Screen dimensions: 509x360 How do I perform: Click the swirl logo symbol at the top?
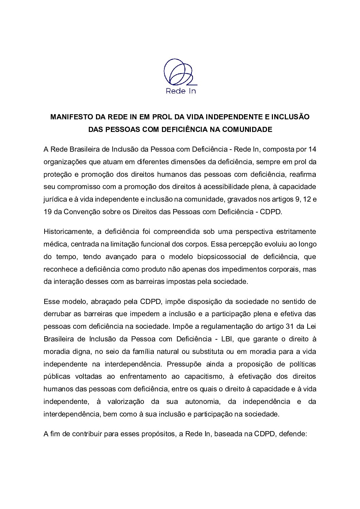(179, 72)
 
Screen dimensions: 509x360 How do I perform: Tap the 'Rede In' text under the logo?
(181, 91)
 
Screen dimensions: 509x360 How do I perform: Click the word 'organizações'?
(62, 162)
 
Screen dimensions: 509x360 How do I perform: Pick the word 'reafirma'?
(304, 174)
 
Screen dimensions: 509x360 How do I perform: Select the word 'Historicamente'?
(67, 232)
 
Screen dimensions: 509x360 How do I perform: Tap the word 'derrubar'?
(56, 314)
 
